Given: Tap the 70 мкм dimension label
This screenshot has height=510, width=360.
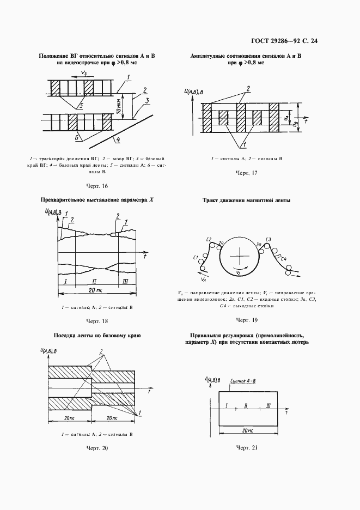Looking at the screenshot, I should pyautogui.click(x=118, y=106).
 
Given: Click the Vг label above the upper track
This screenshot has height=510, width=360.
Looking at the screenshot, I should pyautogui.click(x=83, y=72).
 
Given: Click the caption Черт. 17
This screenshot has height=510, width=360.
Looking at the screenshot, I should pyautogui.click(x=246, y=173).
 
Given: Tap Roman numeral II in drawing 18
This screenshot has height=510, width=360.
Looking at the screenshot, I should pyautogui.click(x=96, y=281).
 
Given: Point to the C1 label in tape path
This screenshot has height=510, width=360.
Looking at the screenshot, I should pyautogui.click(x=196, y=256).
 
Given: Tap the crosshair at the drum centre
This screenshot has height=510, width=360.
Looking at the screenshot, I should pyautogui.click(x=238, y=257).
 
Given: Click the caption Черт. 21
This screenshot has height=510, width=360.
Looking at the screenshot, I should pyautogui.click(x=246, y=448).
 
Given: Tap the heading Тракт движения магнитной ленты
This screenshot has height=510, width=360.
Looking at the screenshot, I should pyautogui.click(x=246, y=201).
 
